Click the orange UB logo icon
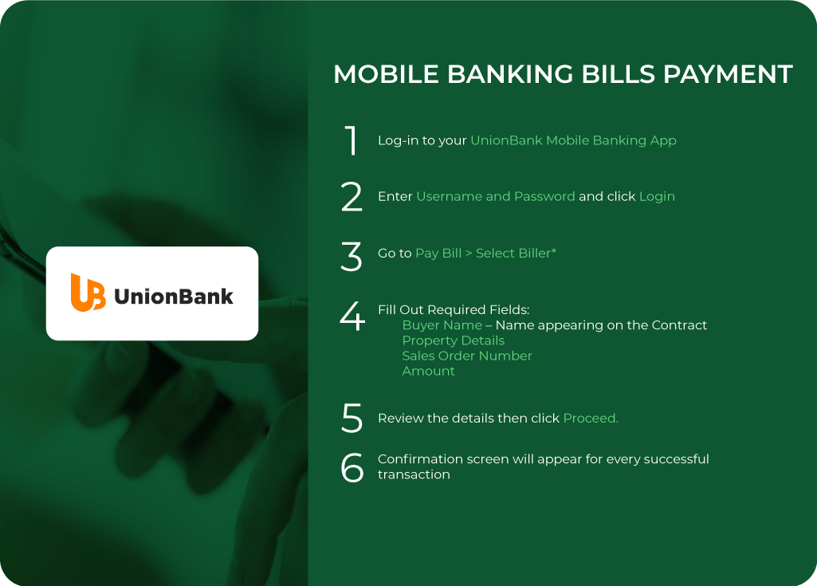point(88,293)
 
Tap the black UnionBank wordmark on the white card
point(174,297)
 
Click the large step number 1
point(352,140)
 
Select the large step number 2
point(352,197)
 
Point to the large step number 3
point(352,256)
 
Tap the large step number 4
point(352,316)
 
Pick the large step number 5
point(352,419)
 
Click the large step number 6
point(352,467)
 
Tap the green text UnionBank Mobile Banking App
point(573,140)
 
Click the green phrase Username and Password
point(495,196)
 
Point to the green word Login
point(657,196)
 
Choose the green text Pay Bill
point(438,253)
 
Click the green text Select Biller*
point(517,253)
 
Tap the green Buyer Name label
point(442,325)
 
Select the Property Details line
point(453,340)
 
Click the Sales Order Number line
point(466,356)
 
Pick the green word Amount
point(428,371)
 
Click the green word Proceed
point(590,418)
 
